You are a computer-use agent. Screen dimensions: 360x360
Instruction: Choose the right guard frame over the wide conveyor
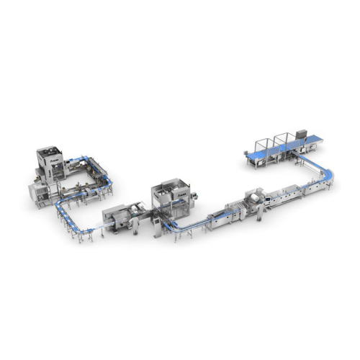(283, 140)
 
